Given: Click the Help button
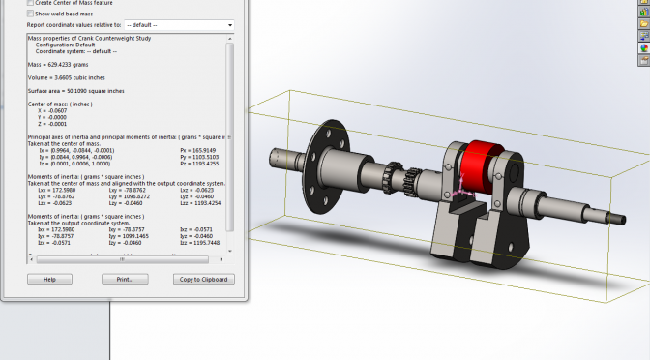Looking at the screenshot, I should tap(50, 279).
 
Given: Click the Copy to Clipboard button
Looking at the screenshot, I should tap(203, 279).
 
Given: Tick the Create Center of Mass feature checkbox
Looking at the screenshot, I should tap(31, 3).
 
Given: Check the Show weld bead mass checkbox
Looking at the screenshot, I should tap(31, 14).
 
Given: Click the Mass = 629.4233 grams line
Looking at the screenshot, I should tap(63, 64).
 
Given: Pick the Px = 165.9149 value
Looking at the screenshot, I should tap(199, 150).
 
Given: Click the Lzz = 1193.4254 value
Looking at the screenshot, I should tap(199, 204).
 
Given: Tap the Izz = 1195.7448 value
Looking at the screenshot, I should tap(199, 242).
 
